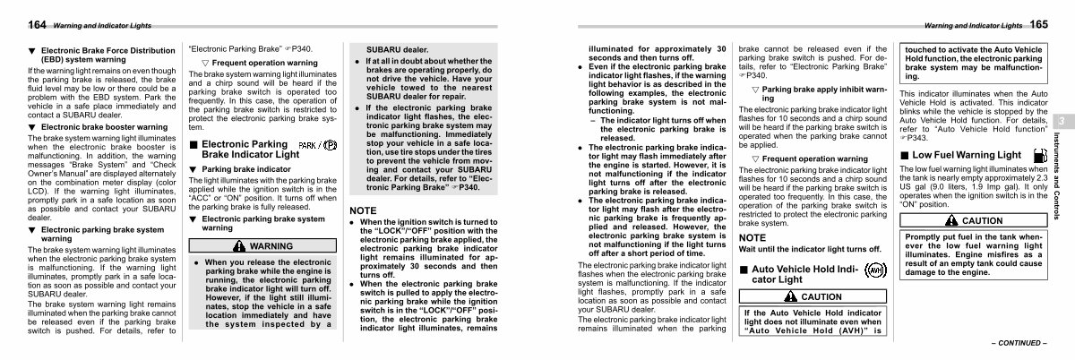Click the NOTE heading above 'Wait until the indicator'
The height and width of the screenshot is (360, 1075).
pos(752,237)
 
